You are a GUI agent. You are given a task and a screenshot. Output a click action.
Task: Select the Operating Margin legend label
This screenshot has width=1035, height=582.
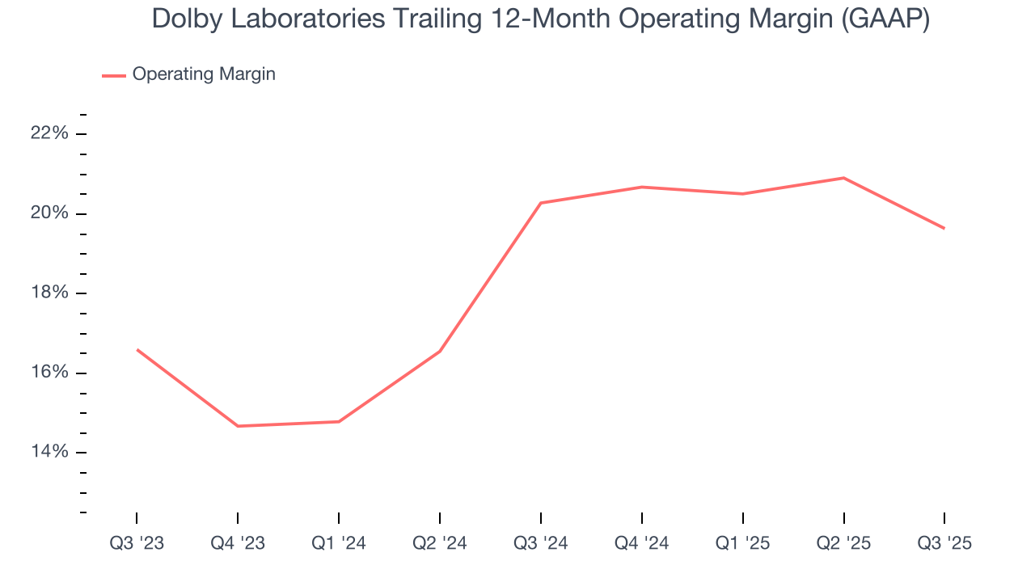(204, 74)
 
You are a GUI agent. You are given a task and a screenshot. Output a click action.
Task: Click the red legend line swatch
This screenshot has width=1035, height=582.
(113, 75)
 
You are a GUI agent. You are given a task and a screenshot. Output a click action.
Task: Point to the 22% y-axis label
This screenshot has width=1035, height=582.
(49, 133)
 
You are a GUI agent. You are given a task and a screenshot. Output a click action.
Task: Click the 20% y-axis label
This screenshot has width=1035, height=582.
(49, 213)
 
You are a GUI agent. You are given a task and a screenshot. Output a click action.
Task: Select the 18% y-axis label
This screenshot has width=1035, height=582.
(49, 293)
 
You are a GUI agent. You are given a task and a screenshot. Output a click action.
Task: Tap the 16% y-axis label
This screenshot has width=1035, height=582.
(49, 373)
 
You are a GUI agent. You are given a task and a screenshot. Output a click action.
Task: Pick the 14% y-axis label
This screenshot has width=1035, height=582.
(49, 452)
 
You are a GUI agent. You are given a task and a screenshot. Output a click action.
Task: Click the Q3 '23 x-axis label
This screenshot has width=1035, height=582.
(137, 543)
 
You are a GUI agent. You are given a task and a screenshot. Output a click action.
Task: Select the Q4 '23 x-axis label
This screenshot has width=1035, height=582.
(238, 543)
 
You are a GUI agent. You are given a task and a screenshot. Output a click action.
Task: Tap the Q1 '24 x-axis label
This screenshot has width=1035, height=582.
(339, 543)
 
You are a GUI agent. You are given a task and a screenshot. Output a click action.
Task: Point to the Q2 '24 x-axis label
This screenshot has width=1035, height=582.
(440, 543)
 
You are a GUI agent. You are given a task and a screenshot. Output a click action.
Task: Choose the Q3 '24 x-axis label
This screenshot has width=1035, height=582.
(541, 543)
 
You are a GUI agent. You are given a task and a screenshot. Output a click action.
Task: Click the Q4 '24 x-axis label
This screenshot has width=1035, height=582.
(642, 543)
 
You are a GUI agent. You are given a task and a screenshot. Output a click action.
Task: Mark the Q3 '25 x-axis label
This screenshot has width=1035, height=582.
(944, 543)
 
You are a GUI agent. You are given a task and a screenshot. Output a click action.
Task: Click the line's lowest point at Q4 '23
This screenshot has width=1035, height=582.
(238, 426)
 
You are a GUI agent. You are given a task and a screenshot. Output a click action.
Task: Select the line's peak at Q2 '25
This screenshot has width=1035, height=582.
(843, 178)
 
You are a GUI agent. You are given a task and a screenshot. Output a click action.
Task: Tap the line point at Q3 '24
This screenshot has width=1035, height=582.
(541, 203)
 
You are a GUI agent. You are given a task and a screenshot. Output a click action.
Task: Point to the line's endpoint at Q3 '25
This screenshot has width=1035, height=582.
(944, 229)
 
